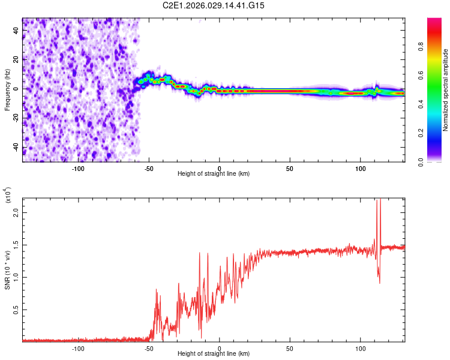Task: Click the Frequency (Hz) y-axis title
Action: pos(7,90)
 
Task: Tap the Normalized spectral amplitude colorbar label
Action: pos(445,90)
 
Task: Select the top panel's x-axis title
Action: pos(214,173)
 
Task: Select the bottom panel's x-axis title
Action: pos(214,353)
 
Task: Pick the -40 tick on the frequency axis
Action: pos(16,148)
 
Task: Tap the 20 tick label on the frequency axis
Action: pos(16,59)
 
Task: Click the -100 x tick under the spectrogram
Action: pos(78,168)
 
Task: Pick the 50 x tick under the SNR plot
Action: pos(290,348)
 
